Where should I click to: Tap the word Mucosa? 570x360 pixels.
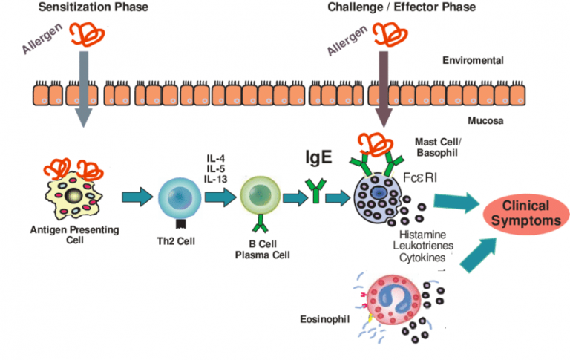click(487, 120)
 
